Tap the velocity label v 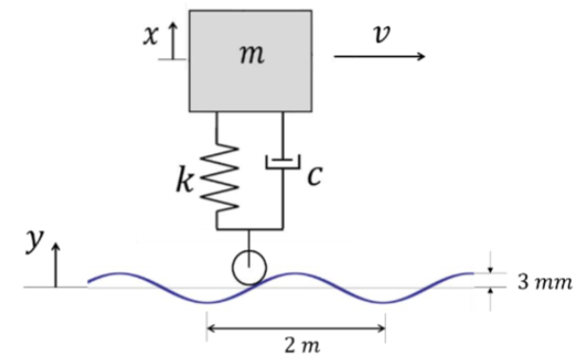(381, 33)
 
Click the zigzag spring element (218, 174)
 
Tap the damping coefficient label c (314, 175)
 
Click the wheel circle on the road (250, 268)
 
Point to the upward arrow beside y (55, 264)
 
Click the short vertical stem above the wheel (250, 241)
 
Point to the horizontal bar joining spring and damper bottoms (250, 230)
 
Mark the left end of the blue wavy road (90, 281)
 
